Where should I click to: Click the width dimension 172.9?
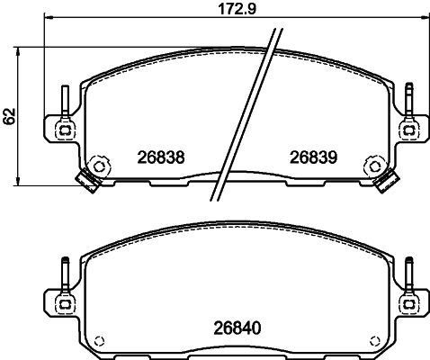(237, 9)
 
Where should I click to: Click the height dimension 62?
(9, 116)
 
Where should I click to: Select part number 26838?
(161, 157)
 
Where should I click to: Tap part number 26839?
(313, 157)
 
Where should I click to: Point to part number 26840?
(237, 328)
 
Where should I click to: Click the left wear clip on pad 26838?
(87, 182)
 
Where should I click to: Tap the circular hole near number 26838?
(98, 166)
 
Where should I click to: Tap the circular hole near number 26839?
(374, 166)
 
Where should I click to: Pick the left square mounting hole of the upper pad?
(65, 130)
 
